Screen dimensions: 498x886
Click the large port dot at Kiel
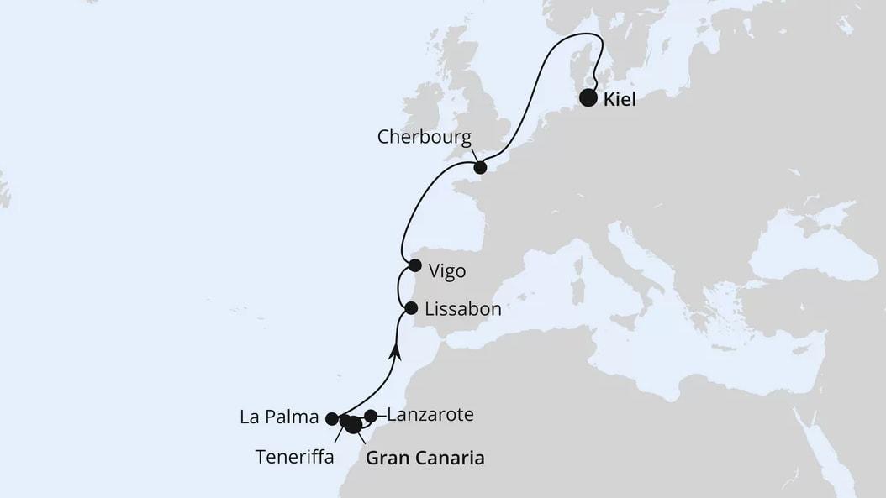pyautogui.click(x=589, y=99)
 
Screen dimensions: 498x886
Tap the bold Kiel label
pyautogui.click(x=620, y=100)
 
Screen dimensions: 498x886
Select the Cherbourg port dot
pyautogui.click(x=480, y=168)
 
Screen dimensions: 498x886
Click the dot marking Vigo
pyautogui.click(x=414, y=265)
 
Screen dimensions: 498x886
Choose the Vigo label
pyautogui.click(x=446, y=271)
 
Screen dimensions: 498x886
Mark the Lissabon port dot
pyautogui.click(x=411, y=308)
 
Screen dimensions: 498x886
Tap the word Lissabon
pyautogui.click(x=463, y=309)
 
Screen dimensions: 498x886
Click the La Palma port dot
pyautogui.click(x=332, y=418)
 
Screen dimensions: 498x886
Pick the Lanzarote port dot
pyautogui.click(x=371, y=416)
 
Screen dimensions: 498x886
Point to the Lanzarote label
pyautogui.click(x=430, y=414)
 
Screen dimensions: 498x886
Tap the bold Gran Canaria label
pyautogui.click(x=425, y=459)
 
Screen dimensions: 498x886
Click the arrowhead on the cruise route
pyautogui.click(x=395, y=351)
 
